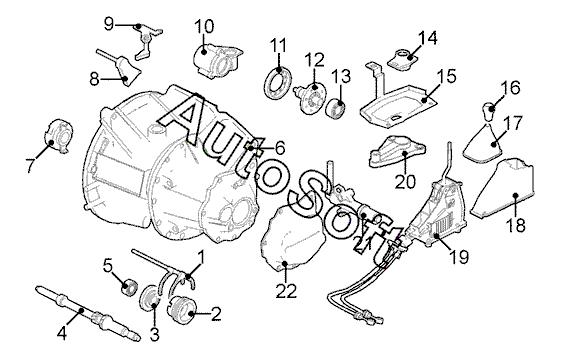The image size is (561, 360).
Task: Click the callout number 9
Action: click(x=109, y=24)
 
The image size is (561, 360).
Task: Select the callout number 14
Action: click(x=428, y=38)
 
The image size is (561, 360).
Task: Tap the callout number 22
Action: click(x=286, y=291)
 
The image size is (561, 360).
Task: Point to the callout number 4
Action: click(x=62, y=334)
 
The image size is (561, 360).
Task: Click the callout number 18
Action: click(x=516, y=225)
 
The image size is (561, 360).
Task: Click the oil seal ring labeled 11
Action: click(x=277, y=82)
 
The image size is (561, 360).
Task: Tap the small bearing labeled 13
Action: click(x=336, y=107)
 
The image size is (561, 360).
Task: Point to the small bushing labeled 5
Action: click(x=128, y=287)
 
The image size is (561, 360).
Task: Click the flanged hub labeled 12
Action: click(x=310, y=97)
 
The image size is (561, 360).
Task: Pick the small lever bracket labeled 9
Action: click(x=147, y=40)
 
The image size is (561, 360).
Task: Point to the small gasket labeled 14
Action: click(x=403, y=59)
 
